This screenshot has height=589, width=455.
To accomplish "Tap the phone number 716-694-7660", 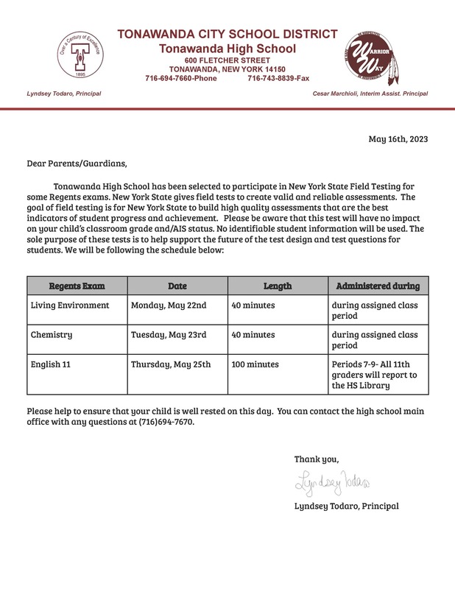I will pos(180,78).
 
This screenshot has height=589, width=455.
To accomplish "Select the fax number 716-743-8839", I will pos(277,78).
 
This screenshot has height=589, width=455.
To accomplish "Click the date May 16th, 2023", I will pos(397,139).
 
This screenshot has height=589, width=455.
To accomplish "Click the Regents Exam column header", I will pos(77,286).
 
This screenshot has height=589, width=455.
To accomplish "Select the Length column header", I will pos(278,286).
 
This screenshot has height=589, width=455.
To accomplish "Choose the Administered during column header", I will pos(378,286).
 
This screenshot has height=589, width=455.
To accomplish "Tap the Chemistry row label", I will pos(52,334).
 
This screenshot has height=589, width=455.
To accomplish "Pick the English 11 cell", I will pos(52,364).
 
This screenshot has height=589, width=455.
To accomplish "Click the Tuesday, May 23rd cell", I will pos(169,334).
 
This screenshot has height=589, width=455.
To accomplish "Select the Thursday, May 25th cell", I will pos(172,364).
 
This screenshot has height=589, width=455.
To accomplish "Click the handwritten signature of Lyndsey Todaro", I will pos(335,482).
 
